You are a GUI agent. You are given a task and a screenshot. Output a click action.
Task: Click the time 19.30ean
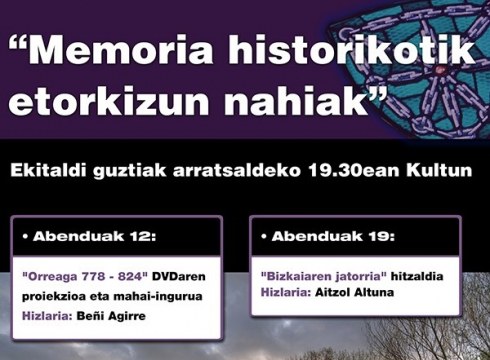pyautogui.click(x=370, y=171)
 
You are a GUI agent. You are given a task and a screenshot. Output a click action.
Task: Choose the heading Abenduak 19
pyautogui.click(x=328, y=237)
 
